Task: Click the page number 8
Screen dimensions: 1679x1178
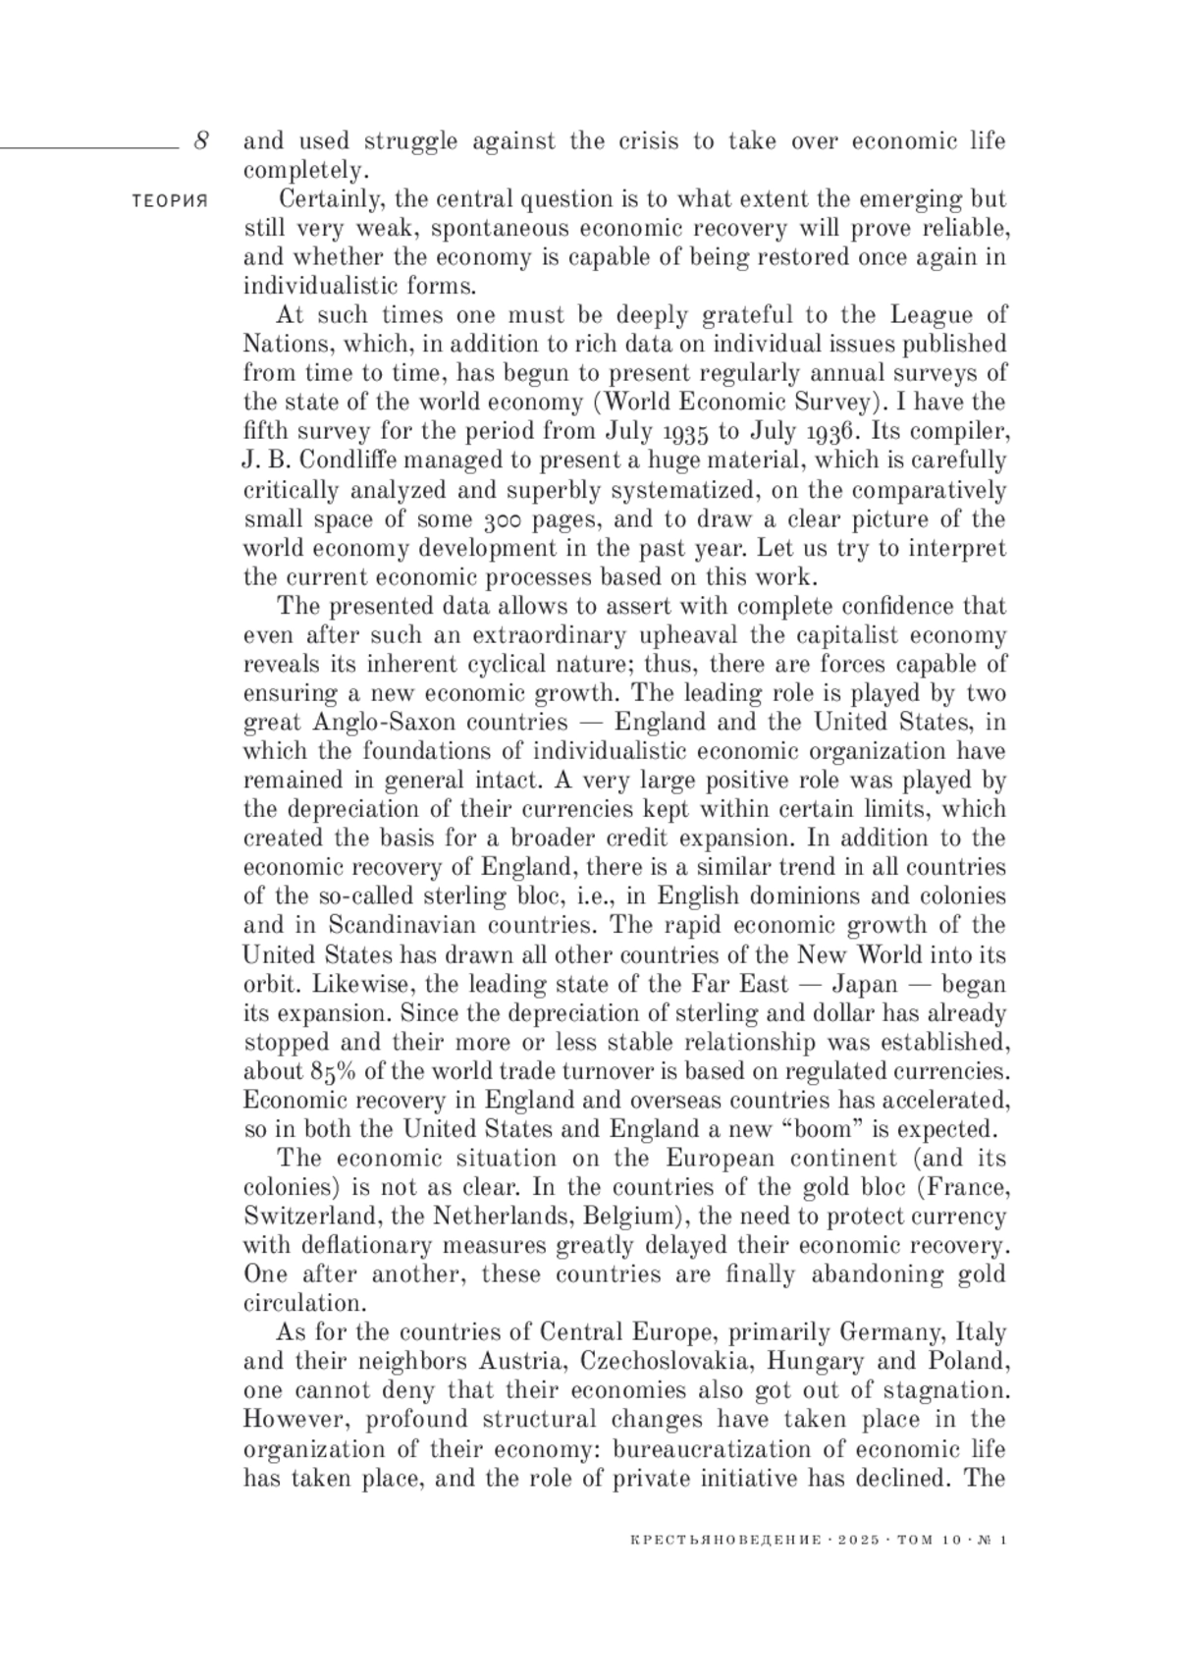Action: pos(200,139)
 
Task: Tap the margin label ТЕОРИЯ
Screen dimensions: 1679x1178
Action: pos(170,200)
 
